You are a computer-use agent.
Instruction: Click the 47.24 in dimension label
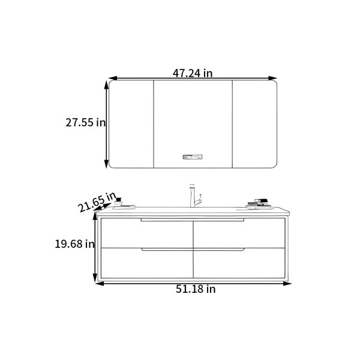pyautogui.click(x=193, y=73)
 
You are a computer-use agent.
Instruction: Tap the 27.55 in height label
pyautogui.click(x=85, y=122)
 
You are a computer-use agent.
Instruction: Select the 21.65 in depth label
pyautogui.click(x=97, y=202)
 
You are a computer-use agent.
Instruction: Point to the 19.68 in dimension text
pyautogui.click(x=74, y=244)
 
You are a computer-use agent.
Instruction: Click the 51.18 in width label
pyautogui.click(x=196, y=289)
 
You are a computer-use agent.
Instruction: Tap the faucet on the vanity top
pyautogui.click(x=194, y=196)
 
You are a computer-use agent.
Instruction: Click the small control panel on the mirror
pyautogui.click(x=193, y=157)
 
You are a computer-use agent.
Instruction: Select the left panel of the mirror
pyautogui.click(x=131, y=124)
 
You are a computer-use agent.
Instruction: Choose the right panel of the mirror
pyautogui.click(x=255, y=124)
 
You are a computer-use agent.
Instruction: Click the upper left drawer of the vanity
pyautogui.click(x=147, y=233)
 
